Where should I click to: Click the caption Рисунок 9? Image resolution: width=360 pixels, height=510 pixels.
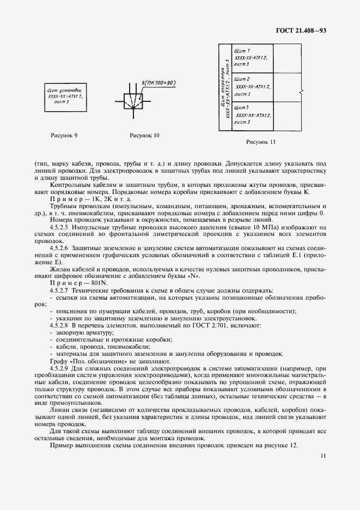[x=64, y=134]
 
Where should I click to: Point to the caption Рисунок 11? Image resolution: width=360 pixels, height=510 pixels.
[x=261, y=142]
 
